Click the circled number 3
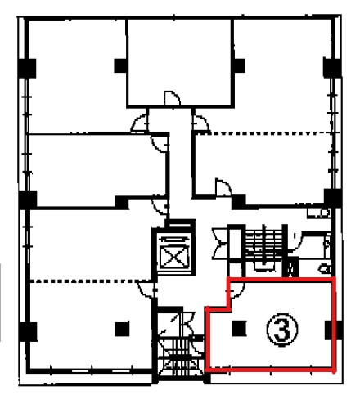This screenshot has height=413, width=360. [281, 330]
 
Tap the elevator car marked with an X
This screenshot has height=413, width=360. [174, 256]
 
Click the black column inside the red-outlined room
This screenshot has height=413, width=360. [239, 328]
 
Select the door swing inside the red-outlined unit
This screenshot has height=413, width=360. [236, 290]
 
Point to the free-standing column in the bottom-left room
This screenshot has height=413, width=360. [122, 329]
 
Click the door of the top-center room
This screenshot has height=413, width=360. [172, 98]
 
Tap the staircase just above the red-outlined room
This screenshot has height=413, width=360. [264, 249]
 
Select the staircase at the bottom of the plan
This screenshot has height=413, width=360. [181, 357]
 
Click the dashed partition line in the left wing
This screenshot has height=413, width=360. [90, 281]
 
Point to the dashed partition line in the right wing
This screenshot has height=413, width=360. [268, 133]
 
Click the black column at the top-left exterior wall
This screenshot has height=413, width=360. [27, 68]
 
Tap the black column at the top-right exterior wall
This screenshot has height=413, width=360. [332, 67]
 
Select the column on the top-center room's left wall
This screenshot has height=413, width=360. [120, 65]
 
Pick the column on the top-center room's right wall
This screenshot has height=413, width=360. [239, 65]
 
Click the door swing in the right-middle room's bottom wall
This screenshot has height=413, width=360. [223, 187]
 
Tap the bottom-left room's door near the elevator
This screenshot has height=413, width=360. [146, 290]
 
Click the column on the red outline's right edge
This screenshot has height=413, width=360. [334, 330]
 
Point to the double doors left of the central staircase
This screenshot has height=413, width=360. [220, 244]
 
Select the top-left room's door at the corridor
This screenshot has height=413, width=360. [140, 123]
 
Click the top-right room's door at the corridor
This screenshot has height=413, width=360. [200, 123]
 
